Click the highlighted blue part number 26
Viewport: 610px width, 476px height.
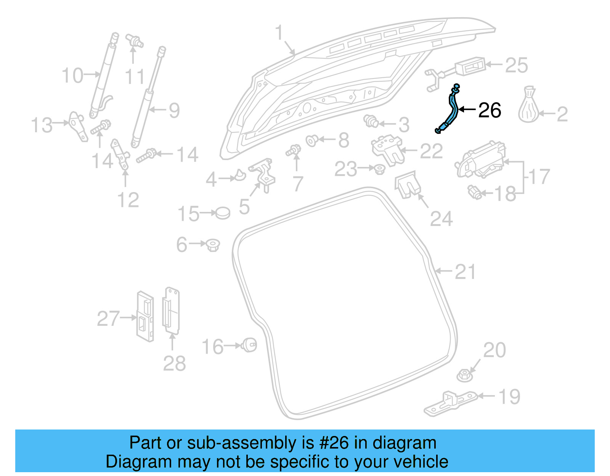point(451,110)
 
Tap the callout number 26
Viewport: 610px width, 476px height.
point(490,111)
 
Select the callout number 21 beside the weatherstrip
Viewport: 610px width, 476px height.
point(466,272)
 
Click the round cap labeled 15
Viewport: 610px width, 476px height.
point(223,213)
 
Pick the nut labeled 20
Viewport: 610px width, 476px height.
point(465,375)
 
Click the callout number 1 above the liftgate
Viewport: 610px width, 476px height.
point(279,33)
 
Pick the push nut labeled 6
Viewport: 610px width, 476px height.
point(213,245)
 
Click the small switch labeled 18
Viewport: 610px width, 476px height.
point(475,192)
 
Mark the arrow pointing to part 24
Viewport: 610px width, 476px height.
point(423,201)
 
